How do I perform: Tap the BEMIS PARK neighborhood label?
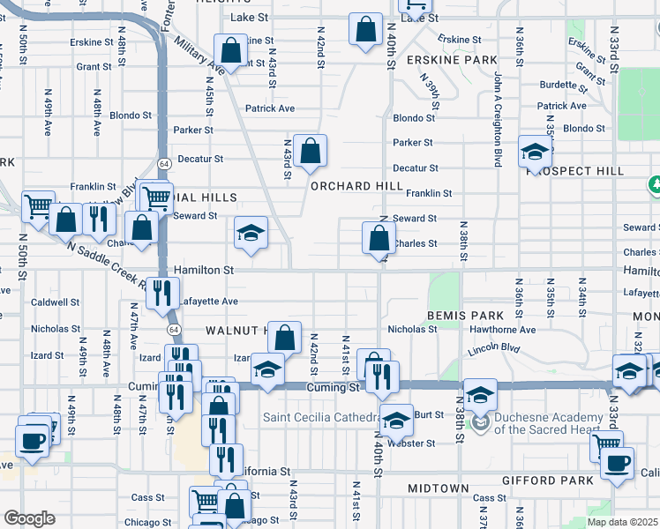click(x=465, y=315)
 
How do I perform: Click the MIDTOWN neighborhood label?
click(x=438, y=488)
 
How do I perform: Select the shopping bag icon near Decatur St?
click(x=311, y=152)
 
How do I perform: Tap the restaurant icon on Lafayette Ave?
click(x=161, y=294)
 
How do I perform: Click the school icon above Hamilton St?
click(x=251, y=234)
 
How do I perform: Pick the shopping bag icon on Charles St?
click(x=379, y=237)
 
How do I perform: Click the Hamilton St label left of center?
click(x=203, y=270)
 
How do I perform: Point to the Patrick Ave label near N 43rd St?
click(x=270, y=108)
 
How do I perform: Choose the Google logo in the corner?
click(x=29, y=518)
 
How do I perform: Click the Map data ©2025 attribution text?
click(x=622, y=522)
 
